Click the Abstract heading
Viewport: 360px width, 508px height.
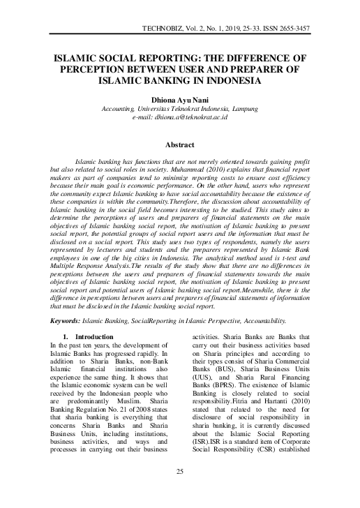click(179, 145)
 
